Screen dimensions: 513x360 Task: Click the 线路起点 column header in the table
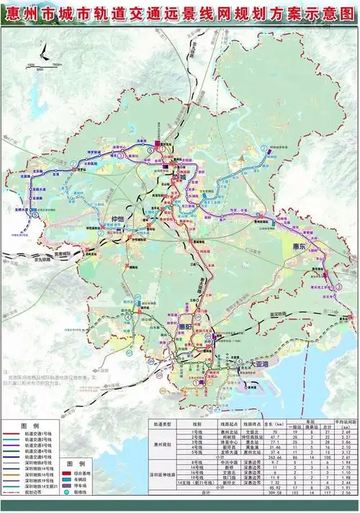[222, 424]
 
